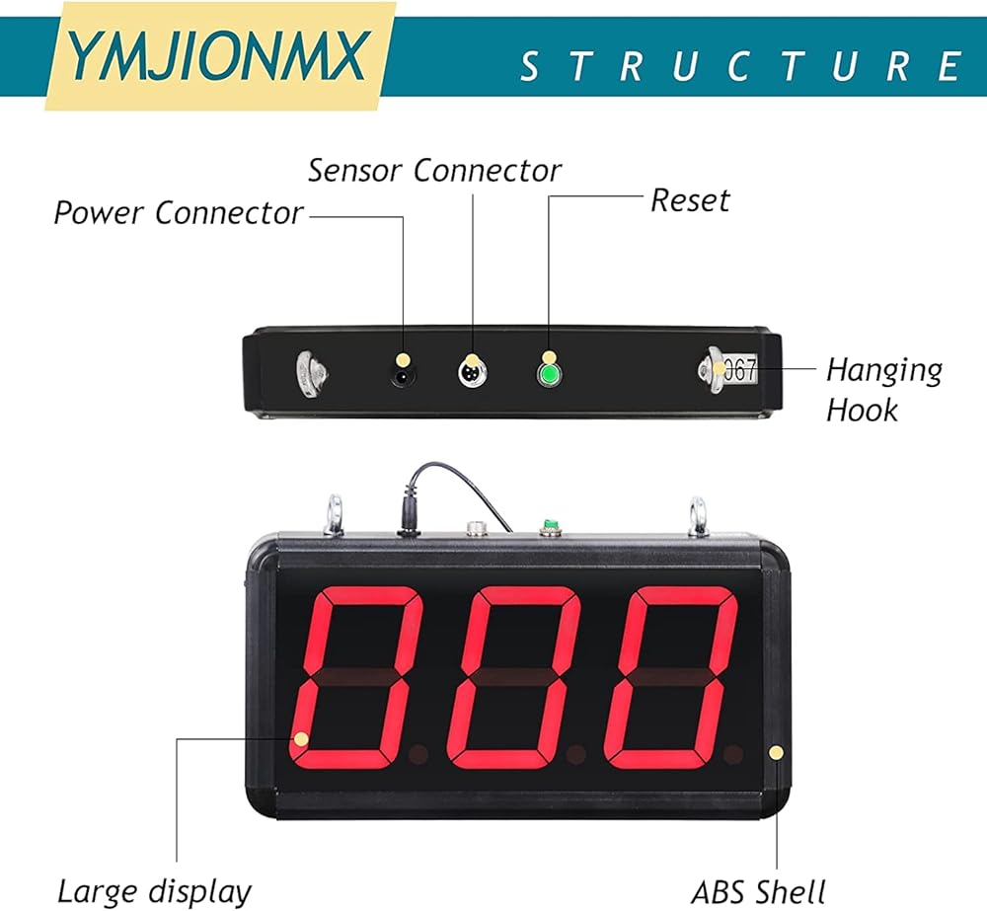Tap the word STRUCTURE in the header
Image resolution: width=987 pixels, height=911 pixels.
740,66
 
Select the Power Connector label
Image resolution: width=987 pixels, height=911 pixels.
179,212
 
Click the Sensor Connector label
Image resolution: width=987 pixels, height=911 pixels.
434,170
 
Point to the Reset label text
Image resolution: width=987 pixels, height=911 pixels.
690,200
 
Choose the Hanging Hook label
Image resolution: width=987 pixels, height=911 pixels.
883,390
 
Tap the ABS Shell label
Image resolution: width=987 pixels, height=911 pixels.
758,891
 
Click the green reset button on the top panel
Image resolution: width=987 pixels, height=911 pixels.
549,375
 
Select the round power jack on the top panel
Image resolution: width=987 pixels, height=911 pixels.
403,376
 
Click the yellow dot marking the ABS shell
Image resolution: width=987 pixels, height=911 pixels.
777,753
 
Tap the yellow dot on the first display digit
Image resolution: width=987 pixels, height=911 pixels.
301,738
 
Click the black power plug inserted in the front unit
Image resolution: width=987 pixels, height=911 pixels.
408,516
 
